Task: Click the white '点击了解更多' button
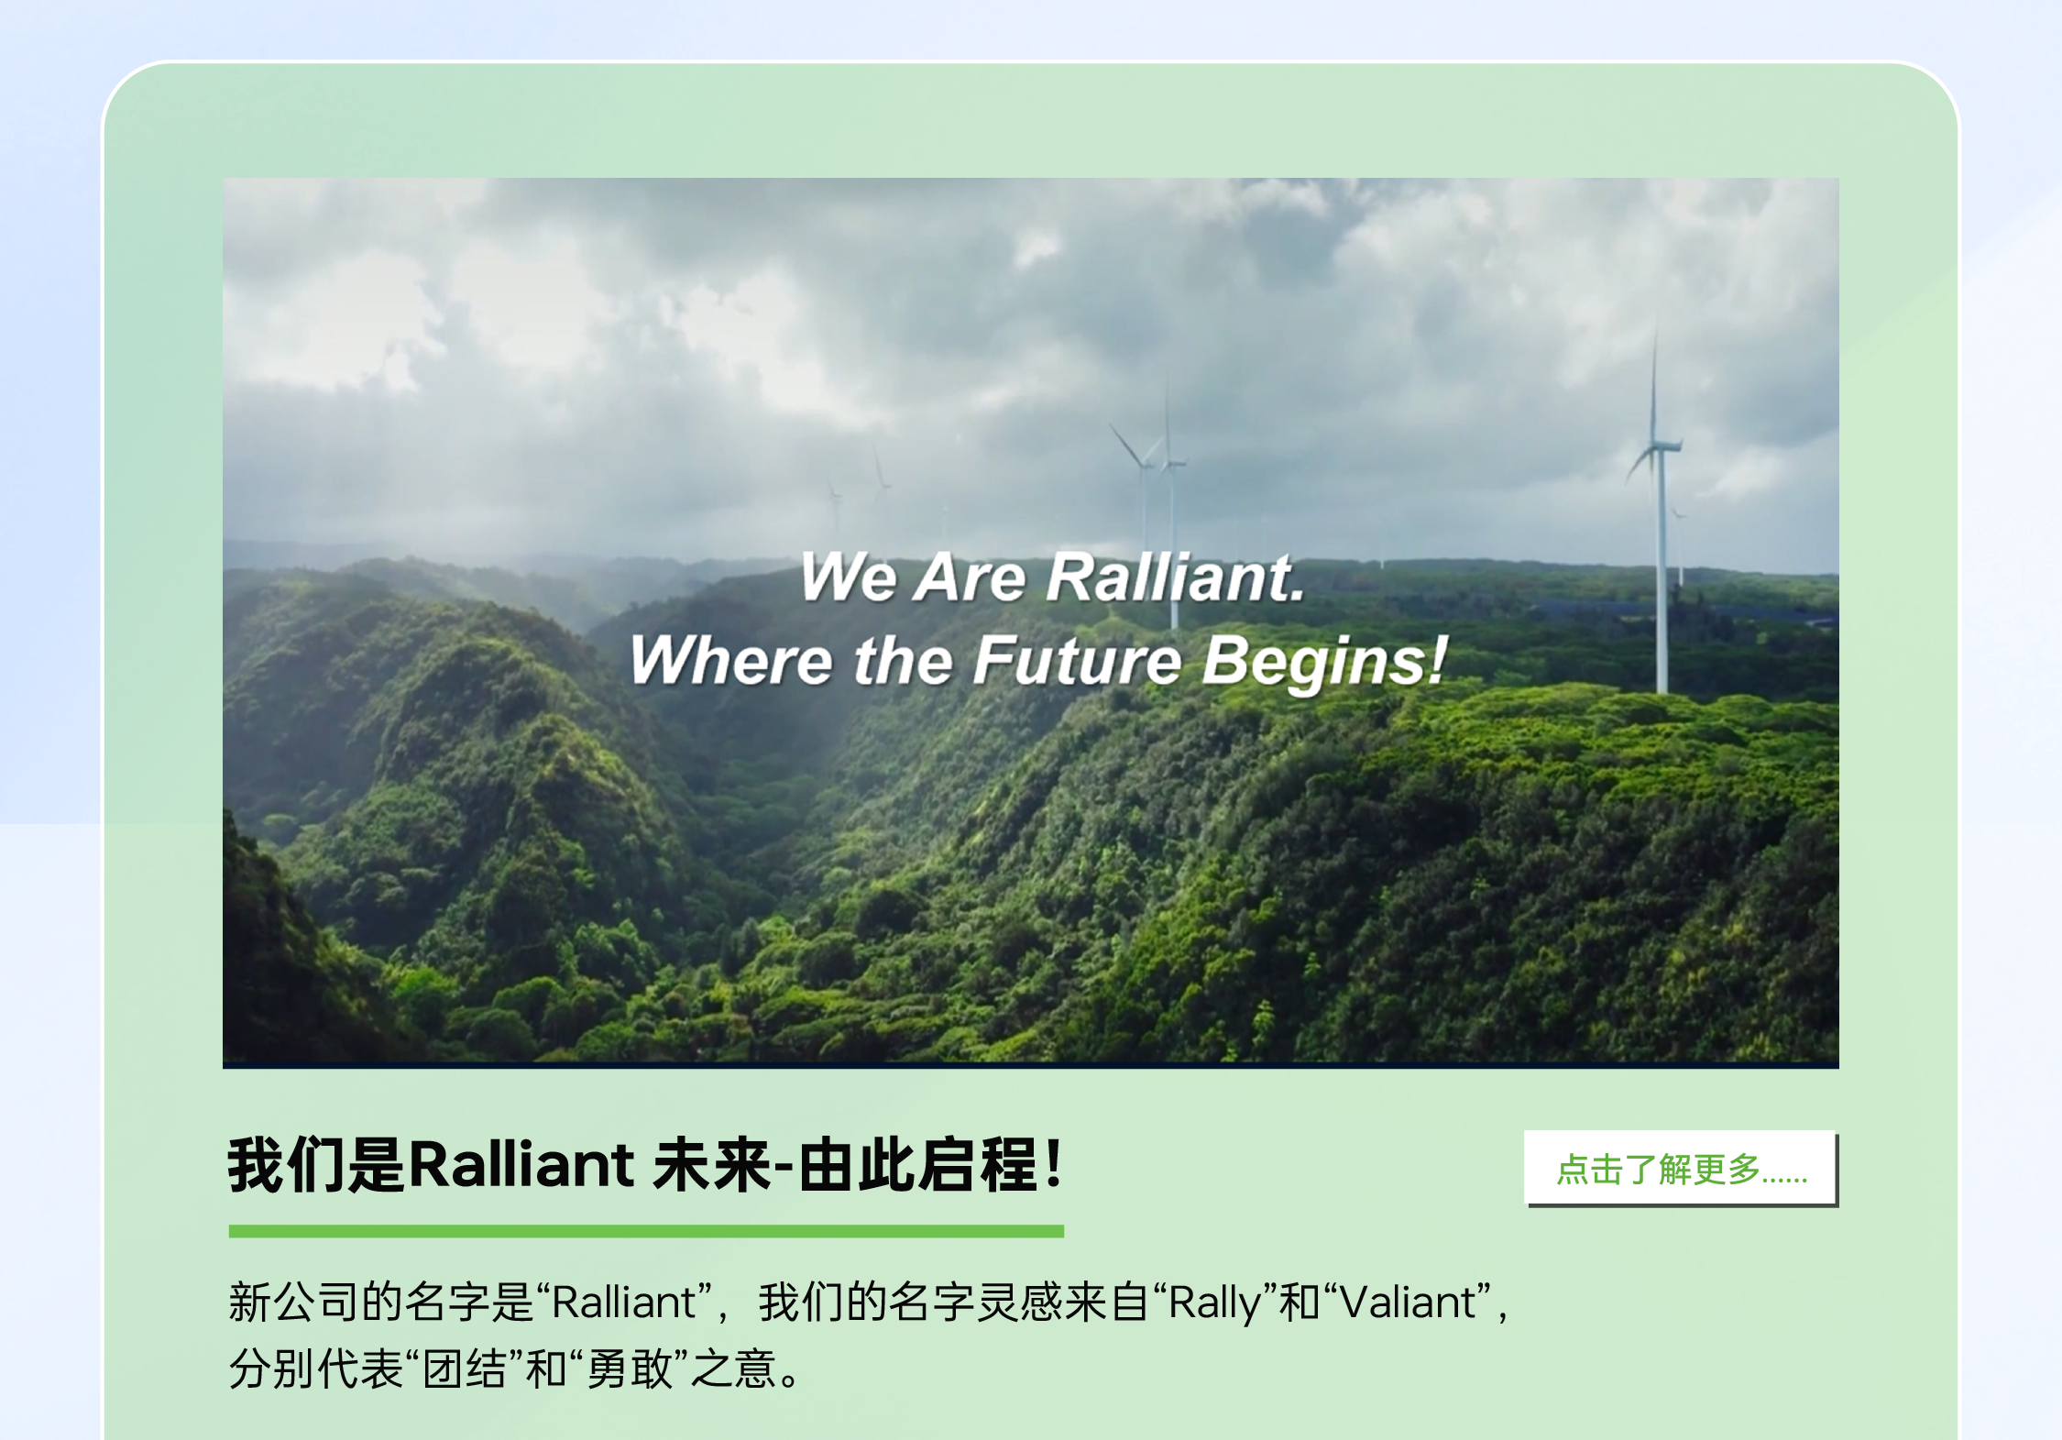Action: [1681, 1168]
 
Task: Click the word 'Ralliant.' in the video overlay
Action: [1176, 577]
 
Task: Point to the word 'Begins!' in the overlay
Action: [1324, 662]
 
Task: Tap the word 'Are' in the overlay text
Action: [971, 577]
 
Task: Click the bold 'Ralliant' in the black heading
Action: [521, 1164]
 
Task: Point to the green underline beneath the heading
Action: [646, 1231]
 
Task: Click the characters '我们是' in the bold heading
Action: [316, 1165]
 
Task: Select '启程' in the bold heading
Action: [978, 1165]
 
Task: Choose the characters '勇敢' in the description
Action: [631, 1369]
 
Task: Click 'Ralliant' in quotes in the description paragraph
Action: [623, 1302]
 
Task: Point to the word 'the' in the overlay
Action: [904, 660]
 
